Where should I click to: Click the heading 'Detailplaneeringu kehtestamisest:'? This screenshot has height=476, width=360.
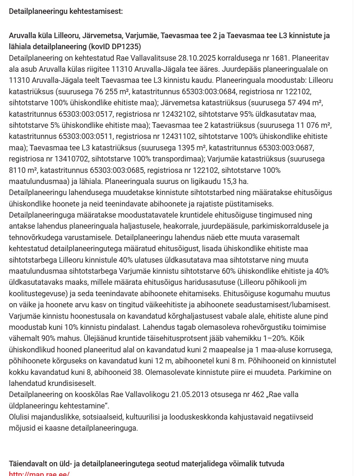66,11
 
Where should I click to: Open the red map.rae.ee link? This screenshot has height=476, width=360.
39,474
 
